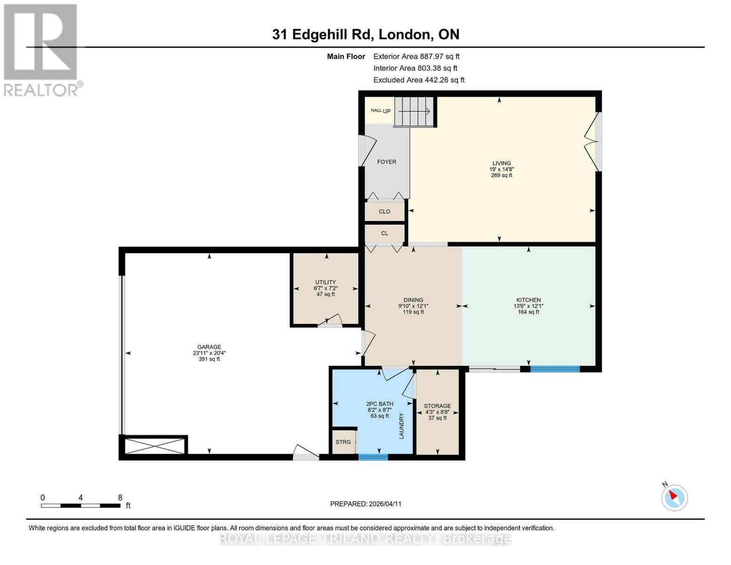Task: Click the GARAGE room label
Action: point(209,347)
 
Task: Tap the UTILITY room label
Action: point(325,282)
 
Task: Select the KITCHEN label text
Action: point(528,300)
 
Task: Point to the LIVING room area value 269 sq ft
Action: point(501,175)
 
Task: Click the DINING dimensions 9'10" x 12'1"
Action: point(413,306)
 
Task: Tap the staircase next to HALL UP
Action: point(414,112)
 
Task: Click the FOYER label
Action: point(386,162)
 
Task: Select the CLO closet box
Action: point(385,211)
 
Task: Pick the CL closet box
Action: point(385,233)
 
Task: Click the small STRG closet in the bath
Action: point(343,442)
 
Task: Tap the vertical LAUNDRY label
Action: point(402,426)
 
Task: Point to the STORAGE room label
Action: point(437,406)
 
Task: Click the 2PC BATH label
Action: point(379,404)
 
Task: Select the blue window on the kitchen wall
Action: point(555,369)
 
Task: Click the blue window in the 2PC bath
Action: point(373,457)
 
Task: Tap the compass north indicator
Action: point(674,497)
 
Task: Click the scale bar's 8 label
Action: point(120,498)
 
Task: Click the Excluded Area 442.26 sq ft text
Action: point(418,80)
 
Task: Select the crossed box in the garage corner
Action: point(155,445)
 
